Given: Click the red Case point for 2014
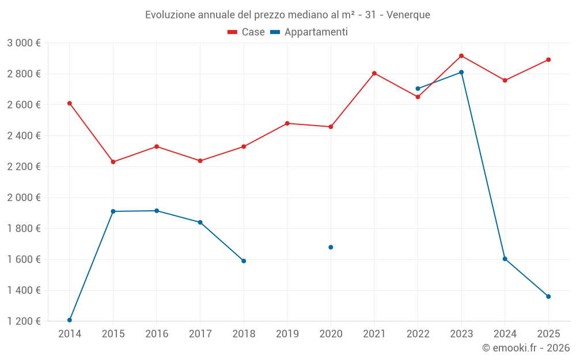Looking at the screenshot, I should [70, 103].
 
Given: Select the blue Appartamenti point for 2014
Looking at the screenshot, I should [70, 320].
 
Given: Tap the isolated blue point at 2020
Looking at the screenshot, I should [331, 247].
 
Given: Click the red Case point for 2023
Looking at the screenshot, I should [461, 56].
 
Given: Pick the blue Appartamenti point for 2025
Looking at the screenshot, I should [548, 297].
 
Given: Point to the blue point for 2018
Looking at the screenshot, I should [244, 261].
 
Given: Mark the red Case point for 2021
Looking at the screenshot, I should [374, 73].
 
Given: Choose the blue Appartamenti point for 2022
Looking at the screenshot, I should [418, 89].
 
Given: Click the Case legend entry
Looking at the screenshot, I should [247, 32].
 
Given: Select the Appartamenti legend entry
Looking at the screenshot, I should [309, 32].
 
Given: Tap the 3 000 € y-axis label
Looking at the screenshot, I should [24, 43].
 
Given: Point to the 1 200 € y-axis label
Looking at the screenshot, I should [24, 321].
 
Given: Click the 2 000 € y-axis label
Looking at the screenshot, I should [24, 198].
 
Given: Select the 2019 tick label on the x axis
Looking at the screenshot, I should [287, 334].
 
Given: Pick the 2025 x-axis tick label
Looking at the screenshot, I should [548, 334].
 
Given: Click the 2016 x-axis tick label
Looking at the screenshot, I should [157, 334].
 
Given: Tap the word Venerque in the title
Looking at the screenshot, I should [408, 15].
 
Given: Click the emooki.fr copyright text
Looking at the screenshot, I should [526, 348].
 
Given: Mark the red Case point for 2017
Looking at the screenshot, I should [200, 161].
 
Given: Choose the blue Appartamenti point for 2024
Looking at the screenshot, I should [505, 259].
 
